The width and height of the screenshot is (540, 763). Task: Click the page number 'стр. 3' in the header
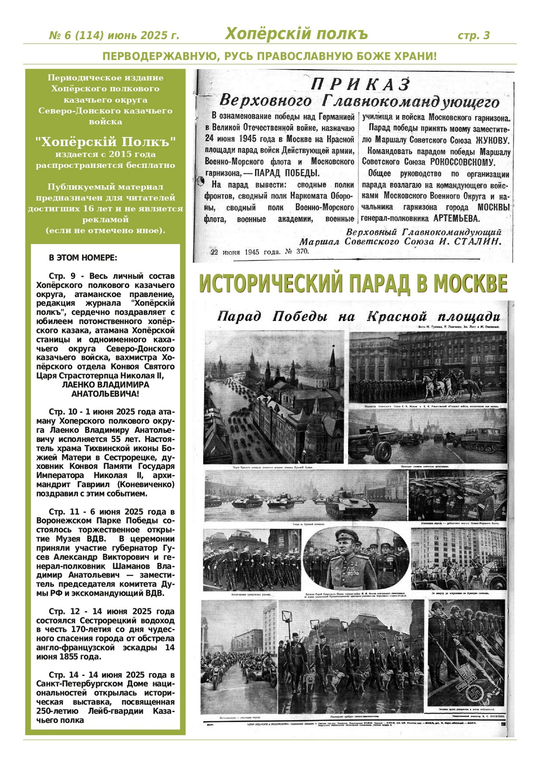473,35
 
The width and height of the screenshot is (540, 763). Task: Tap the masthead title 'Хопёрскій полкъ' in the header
296,34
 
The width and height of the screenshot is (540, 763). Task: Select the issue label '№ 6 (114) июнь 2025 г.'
114,36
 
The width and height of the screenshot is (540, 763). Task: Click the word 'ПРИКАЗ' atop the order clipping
360,84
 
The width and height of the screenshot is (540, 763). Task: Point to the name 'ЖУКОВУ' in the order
492,140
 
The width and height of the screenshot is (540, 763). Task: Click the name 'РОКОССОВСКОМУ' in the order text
462,162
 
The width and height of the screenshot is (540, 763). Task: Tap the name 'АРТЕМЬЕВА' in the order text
456,218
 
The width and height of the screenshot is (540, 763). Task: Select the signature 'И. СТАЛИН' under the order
470,241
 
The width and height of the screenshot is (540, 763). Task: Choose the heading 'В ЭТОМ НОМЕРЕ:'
82,258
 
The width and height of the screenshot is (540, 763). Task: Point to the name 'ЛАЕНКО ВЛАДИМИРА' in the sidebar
105,385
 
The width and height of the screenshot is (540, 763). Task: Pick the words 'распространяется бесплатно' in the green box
105,165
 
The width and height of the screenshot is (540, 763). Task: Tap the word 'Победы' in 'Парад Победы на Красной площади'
300,316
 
